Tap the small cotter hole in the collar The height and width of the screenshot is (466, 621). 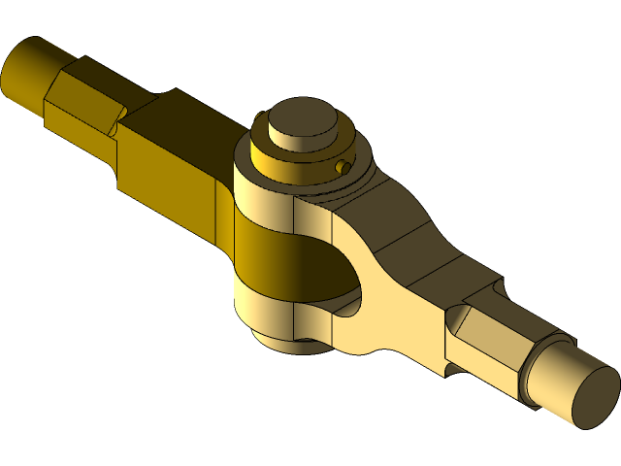(343, 168)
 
